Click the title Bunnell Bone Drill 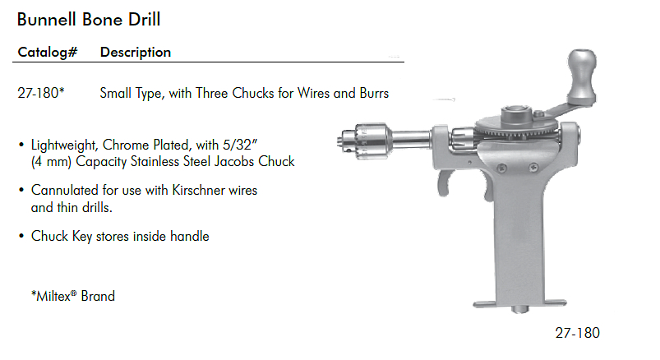point(89,20)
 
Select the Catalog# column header point(48,53)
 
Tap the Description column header point(136,53)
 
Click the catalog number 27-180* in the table point(41,93)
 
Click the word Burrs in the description point(374,93)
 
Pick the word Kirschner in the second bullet point(199,191)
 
